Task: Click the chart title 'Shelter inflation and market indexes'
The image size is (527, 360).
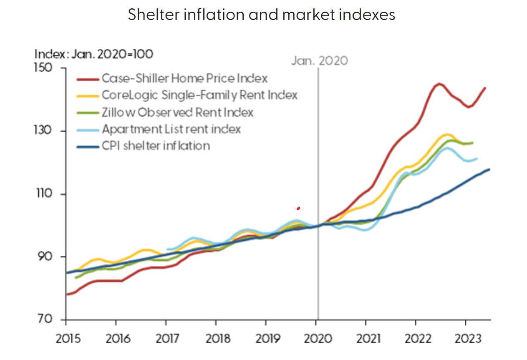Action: coord(261,15)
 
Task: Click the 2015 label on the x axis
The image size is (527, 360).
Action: coord(66,338)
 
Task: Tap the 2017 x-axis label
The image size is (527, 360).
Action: coord(166,338)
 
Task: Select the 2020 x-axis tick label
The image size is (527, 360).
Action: coord(316,338)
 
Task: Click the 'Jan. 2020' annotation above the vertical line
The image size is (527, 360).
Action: coord(319,61)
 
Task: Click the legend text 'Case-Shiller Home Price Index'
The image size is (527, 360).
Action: coord(184,78)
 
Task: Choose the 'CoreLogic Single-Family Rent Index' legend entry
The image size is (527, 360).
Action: coord(199,95)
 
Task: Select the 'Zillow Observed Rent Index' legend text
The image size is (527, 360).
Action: coord(177,112)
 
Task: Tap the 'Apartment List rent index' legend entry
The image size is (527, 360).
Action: coord(171,129)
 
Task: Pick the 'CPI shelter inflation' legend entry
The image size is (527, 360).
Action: coord(156,146)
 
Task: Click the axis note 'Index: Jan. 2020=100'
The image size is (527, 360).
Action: coord(94,54)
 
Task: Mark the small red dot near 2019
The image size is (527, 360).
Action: coord(298,208)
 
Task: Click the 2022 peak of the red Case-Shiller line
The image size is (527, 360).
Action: coord(439,84)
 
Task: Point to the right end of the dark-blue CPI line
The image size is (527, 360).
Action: coord(489,169)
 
